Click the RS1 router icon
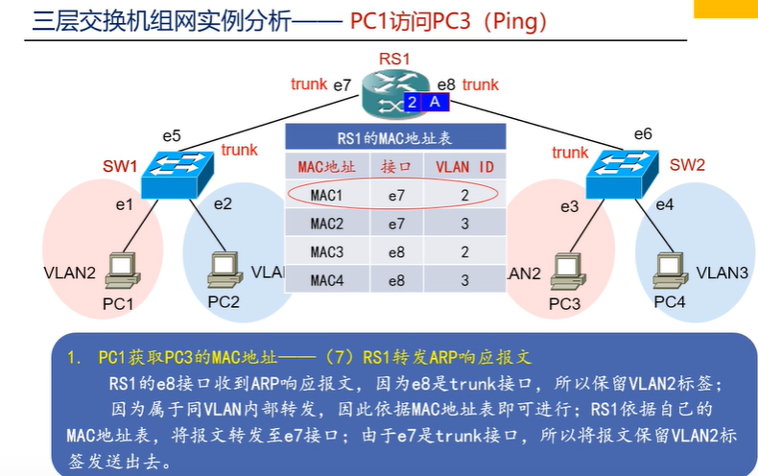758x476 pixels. [395, 94]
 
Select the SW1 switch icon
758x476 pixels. [177, 175]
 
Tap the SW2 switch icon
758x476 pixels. [622, 174]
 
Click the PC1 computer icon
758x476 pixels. [123, 271]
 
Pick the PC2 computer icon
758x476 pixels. [225, 270]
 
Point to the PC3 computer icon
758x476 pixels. [568, 271]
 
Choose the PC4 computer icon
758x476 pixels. [671, 270]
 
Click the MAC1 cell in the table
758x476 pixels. [327, 196]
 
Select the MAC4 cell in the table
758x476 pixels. [327, 280]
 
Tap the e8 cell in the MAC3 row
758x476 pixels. [396, 252]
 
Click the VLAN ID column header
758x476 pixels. [464, 167]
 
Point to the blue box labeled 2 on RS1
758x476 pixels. [412, 103]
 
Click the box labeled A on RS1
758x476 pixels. [435, 103]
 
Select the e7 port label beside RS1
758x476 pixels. [343, 85]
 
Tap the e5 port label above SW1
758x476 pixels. [172, 136]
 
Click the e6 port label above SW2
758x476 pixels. [643, 134]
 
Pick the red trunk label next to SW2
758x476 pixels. [571, 153]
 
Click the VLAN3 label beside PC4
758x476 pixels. [722, 273]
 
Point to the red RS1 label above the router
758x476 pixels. [394, 59]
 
